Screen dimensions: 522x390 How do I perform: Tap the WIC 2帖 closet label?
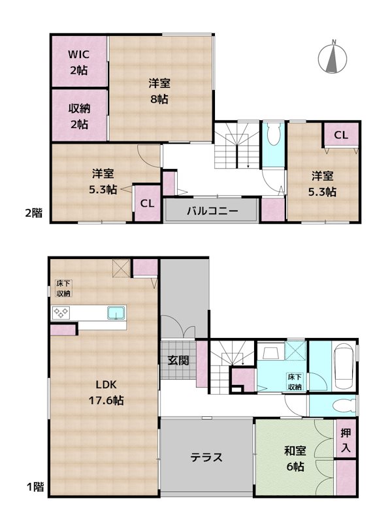point(79,62)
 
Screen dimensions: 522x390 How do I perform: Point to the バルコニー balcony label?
point(211,211)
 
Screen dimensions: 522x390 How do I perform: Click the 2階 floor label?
point(34,212)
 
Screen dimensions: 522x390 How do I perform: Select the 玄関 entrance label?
point(178,360)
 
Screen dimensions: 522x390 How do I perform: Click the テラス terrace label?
point(206,457)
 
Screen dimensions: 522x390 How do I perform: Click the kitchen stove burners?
point(61,313)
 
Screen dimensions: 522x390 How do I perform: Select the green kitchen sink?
point(116,312)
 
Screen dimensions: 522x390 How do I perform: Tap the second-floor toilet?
point(274,135)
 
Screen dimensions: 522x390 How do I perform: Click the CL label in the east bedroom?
point(340,135)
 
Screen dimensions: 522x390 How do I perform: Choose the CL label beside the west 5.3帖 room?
point(148,203)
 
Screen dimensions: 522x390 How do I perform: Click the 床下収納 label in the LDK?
point(63,288)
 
